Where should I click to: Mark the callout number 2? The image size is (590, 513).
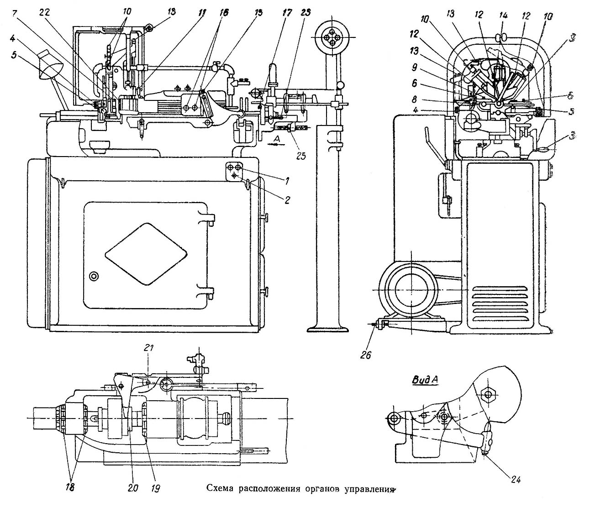[x=288, y=199]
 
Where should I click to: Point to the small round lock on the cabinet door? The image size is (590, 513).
[x=94, y=276]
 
